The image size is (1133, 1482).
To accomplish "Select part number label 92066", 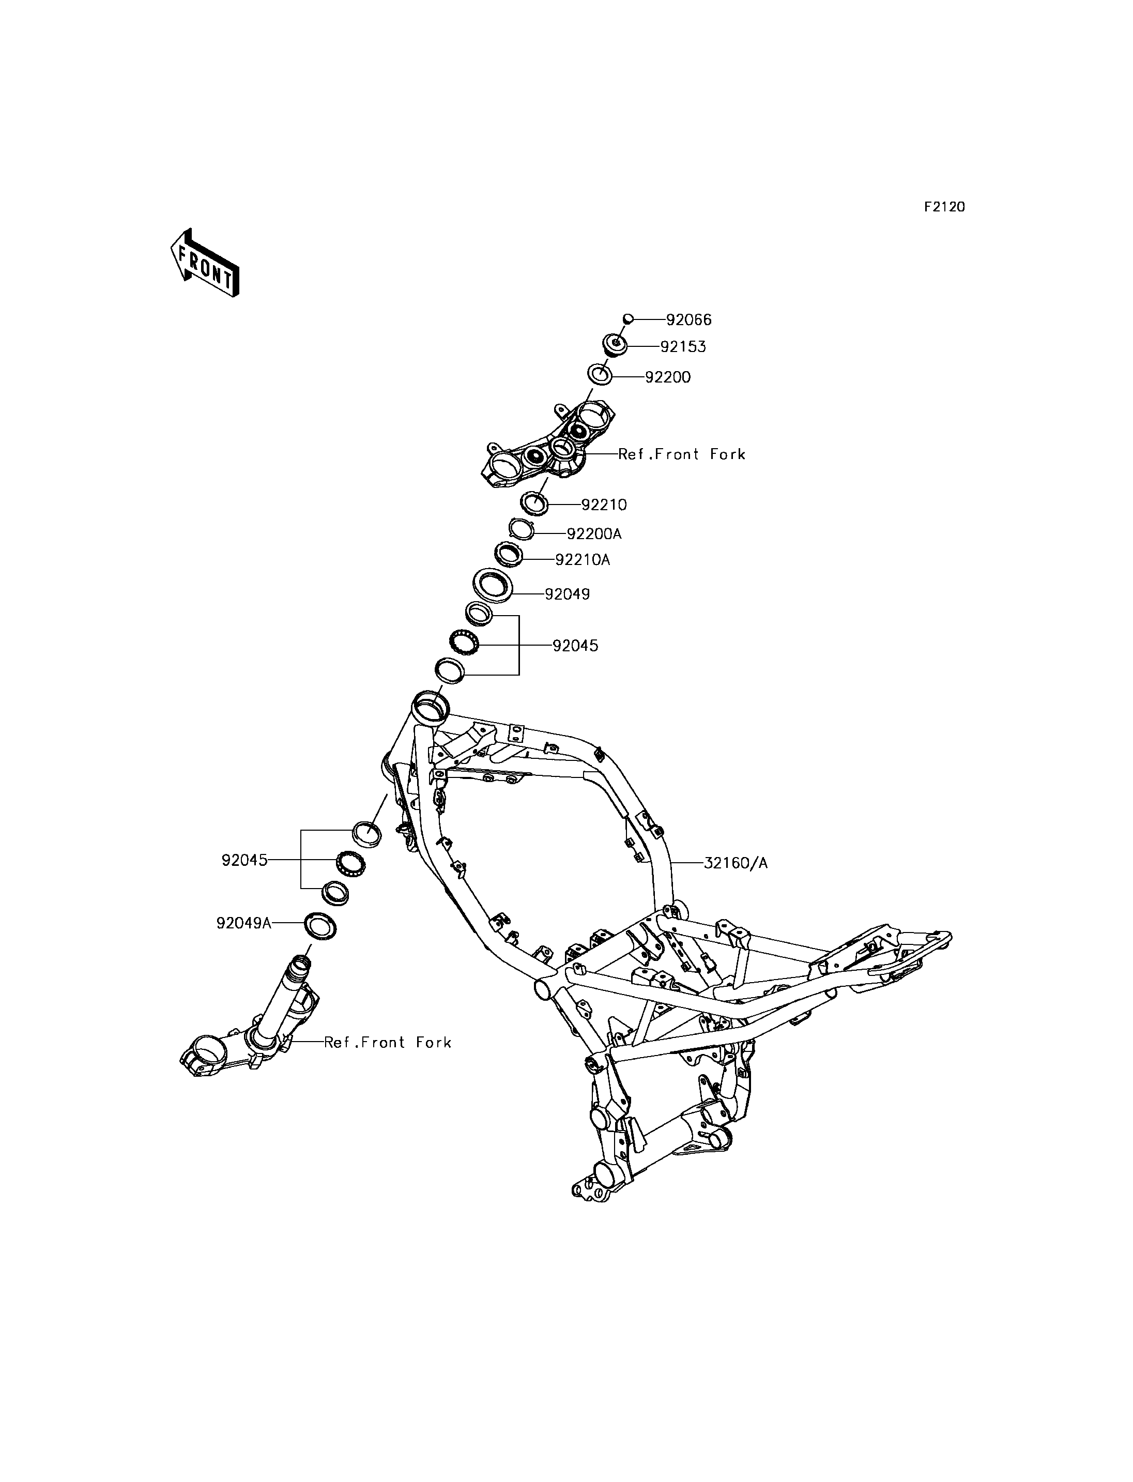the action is click(x=688, y=320).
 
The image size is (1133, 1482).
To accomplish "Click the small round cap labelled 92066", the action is click(x=627, y=318).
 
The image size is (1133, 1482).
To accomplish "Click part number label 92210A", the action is click(x=583, y=560).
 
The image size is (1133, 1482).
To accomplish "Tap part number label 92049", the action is click(x=567, y=594).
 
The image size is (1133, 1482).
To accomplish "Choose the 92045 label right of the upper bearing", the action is click(x=575, y=646).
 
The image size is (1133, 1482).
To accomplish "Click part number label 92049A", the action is click(x=243, y=923).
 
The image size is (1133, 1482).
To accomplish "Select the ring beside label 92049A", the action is click(x=321, y=925).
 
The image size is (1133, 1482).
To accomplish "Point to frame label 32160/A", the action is click(x=736, y=863).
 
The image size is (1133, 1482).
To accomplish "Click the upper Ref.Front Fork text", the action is click(x=682, y=455).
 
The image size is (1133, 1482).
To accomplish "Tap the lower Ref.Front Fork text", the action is click(x=388, y=1042).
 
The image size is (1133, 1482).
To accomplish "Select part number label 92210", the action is click(x=604, y=505).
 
